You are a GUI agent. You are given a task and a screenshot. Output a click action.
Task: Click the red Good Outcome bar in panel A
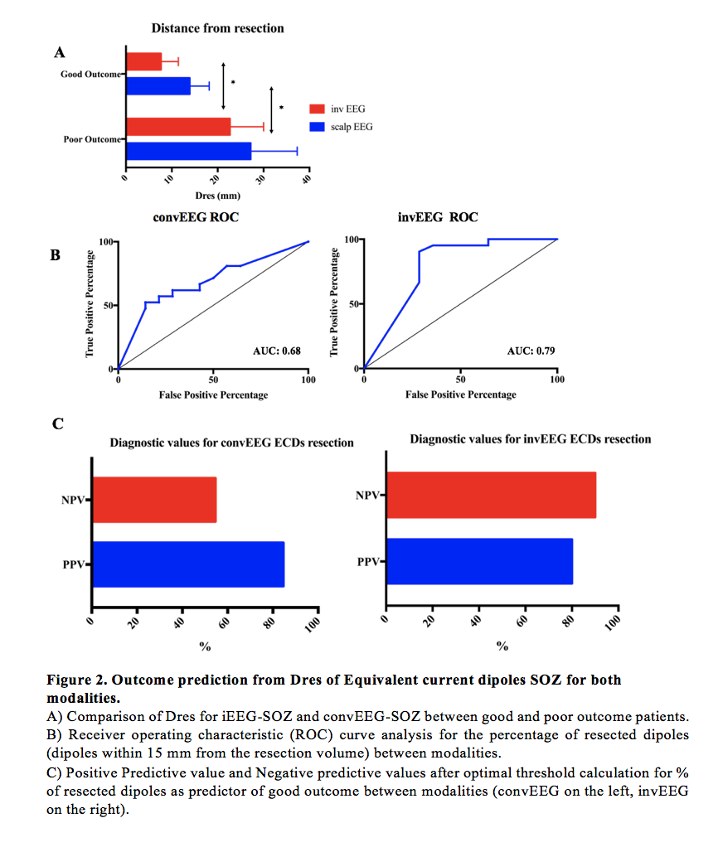[x=143, y=61]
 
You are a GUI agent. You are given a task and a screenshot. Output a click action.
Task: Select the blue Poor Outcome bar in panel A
[x=188, y=151]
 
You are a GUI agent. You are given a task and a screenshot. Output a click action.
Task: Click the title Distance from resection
[x=217, y=28]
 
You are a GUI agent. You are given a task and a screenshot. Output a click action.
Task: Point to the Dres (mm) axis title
[x=217, y=196]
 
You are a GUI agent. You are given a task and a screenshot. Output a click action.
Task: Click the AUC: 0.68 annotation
[x=276, y=351]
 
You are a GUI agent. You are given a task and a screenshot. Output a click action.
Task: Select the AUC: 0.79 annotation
[x=531, y=351]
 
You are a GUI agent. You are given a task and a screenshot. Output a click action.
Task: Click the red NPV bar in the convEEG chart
[x=154, y=500]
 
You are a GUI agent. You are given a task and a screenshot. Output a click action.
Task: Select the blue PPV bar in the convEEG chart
[x=188, y=564]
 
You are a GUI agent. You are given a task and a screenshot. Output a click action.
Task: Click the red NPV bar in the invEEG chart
[x=491, y=495]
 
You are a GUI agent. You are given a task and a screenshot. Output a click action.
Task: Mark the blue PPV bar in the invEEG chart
[x=479, y=561]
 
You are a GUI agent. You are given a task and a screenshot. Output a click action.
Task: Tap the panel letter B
[x=56, y=255]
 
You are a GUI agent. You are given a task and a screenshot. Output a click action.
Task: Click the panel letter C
[x=57, y=424]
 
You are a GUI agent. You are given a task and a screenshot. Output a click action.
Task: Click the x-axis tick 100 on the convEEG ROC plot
[x=308, y=380]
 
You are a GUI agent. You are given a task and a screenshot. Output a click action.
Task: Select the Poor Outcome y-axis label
[x=91, y=138]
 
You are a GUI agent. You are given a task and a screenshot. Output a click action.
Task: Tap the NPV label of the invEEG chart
[x=366, y=496]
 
